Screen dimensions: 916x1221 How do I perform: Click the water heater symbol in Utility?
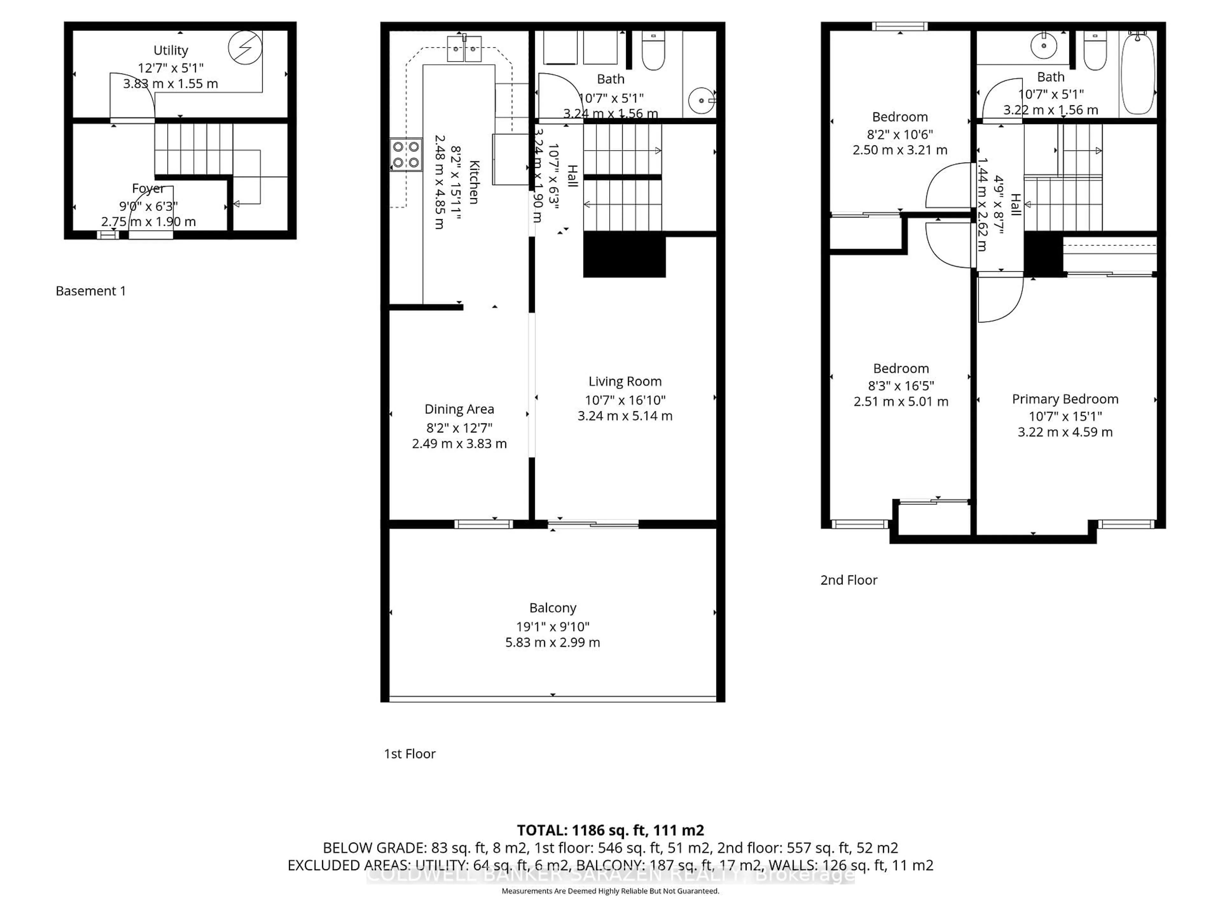coord(245,47)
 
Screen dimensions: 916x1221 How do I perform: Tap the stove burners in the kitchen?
coord(406,155)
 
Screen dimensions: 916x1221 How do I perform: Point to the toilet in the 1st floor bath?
coord(653,52)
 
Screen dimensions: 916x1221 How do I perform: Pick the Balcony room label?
coord(553,608)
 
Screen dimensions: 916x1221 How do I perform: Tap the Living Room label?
coord(625,382)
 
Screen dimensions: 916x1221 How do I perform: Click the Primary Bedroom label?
coord(1065,399)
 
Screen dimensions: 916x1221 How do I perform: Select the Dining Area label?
coord(459,409)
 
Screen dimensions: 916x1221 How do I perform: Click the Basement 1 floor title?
coord(91,291)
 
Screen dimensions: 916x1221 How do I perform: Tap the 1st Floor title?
coord(410,754)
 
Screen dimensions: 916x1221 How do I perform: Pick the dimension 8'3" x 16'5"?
coord(901,386)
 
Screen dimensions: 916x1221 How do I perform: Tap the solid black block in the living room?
coord(624,254)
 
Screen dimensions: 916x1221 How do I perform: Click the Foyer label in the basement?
coord(148,189)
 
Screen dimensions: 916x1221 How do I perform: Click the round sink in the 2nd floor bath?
coord(1043,46)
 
